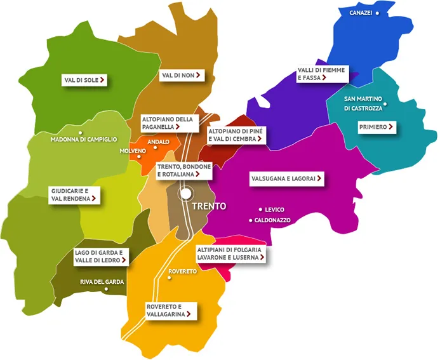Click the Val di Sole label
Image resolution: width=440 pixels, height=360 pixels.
click(84, 80)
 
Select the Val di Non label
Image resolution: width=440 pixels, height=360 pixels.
click(182, 76)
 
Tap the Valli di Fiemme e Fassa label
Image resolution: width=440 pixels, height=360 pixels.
click(321, 74)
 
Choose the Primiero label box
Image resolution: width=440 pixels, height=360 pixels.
click(377, 127)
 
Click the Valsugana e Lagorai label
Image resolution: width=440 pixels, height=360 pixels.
click(286, 179)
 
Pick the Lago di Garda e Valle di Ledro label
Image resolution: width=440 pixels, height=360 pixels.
click(102, 256)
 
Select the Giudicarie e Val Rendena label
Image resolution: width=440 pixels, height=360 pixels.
click(74, 194)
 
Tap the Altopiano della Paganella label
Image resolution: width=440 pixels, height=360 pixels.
click(167, 123)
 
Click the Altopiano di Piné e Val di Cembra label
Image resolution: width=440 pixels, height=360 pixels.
click(232, 134)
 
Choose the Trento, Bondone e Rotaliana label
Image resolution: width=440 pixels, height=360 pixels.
click(183, 170)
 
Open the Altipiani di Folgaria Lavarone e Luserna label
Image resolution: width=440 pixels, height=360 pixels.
click(229, 254)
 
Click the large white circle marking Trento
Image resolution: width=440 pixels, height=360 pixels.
click(185, 193)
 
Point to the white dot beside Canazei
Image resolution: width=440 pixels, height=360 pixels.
click(377, 13)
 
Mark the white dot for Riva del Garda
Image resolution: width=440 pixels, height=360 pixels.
click(106, 290)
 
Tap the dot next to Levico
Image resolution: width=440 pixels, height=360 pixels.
click(260, 210)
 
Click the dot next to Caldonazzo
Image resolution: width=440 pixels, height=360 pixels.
click(251, 220)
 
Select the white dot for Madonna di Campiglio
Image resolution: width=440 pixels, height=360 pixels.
click(81, 133)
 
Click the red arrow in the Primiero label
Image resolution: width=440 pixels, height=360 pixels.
click(390, 127)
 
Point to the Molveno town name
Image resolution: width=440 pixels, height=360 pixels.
click(131, 151)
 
